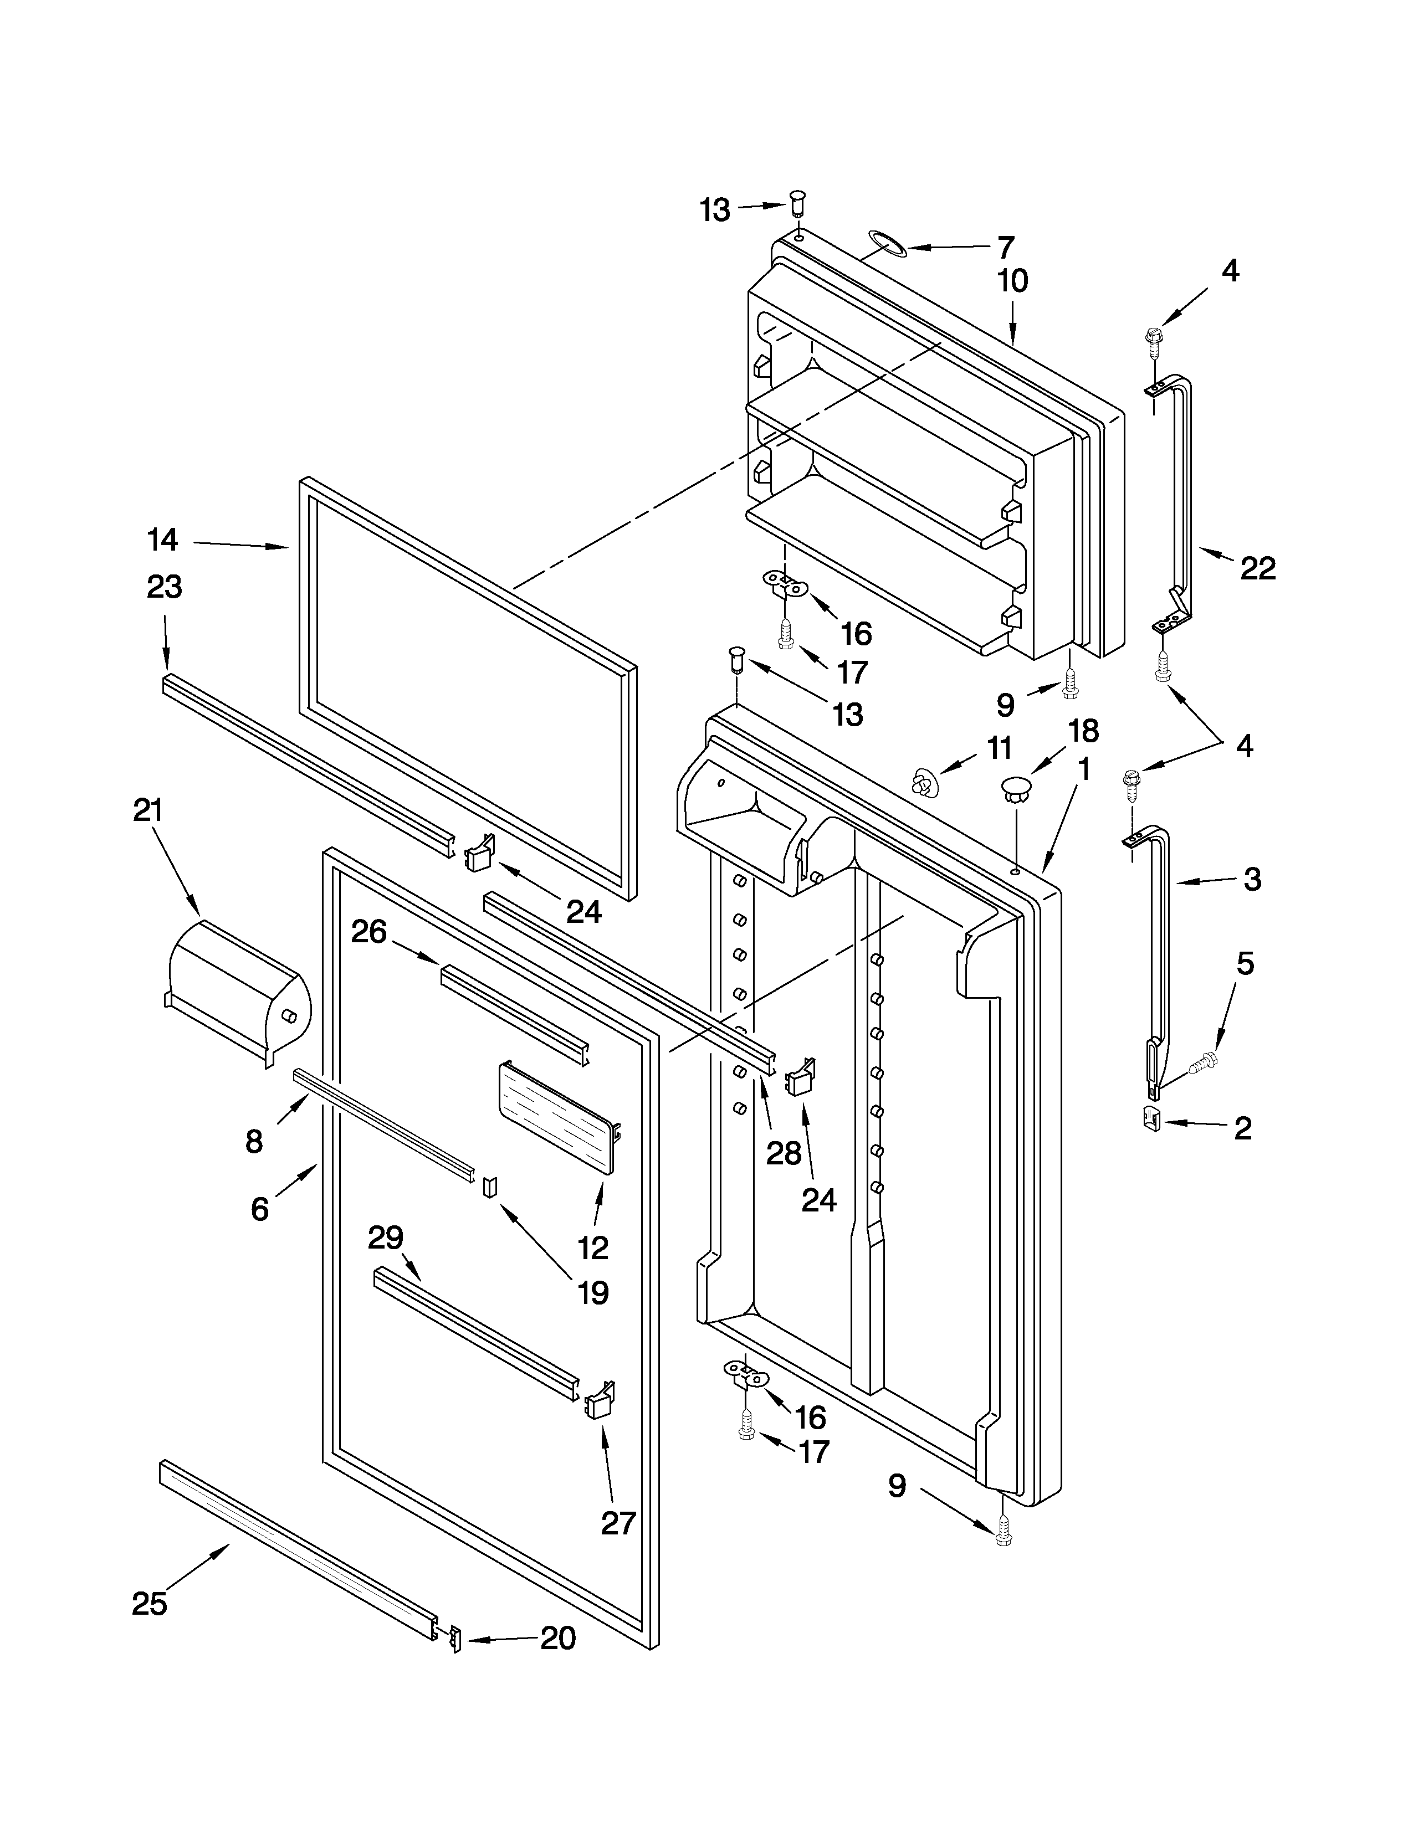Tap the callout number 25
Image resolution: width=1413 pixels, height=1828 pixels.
coord(150,1603)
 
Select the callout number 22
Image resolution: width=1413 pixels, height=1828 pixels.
coord(1257,568)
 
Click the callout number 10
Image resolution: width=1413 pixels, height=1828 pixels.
coord(1013,281)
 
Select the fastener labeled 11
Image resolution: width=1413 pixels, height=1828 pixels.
coord(923,783)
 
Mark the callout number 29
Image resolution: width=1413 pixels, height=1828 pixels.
coord(385,1237)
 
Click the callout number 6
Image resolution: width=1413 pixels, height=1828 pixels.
coord(260,1209)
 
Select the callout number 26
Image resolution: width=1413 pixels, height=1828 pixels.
coord(368,932)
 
